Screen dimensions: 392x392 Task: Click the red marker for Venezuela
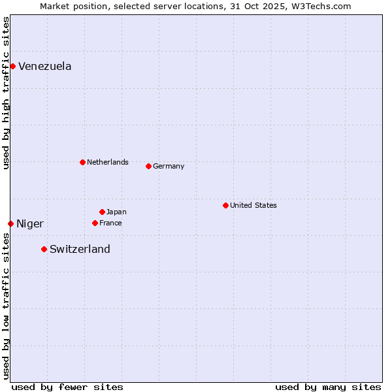pyautogui.click(x=12, y=66)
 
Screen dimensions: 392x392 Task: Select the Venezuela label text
pyautogui.click(x=44, y=66)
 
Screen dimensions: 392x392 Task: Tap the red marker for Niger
pyautogui.click(x=10, y=223)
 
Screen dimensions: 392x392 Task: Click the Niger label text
pyautogui.click(x=29, y=223)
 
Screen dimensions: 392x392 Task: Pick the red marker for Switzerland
pyautogui.click(x=44, y=249)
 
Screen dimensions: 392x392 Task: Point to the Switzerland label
pyautogui.click(x=80, y=249)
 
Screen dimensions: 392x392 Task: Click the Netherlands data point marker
pyautogui.click(x=82, y=162)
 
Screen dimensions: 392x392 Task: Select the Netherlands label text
pyautogui.click(x=107, y=162)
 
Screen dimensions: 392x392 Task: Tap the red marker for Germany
pyautogui.click(x=148, y=166)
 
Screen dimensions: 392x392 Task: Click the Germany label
pyautogui.click(x=168, y=166)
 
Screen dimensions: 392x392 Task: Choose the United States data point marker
pyautogui.click(x=225, y=205)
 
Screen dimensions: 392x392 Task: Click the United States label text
pyautogui.click(x=253, y=205)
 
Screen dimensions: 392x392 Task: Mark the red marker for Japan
pyautogui.click(x=102, y=212)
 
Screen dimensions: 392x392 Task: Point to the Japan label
pyautogui.click(x=116, y=212)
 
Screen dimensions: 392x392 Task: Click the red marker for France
pyautogui.click(x=95, y=223)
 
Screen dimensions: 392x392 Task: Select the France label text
pyautogui.click(x=110, y=223)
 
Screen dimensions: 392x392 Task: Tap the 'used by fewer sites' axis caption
pyautogui.click(x=67, y=387)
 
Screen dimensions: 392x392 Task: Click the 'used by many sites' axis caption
pyautogui.click(x=328, y=387)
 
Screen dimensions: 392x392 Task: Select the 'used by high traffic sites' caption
pyautogui.click(x=6, y=93)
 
